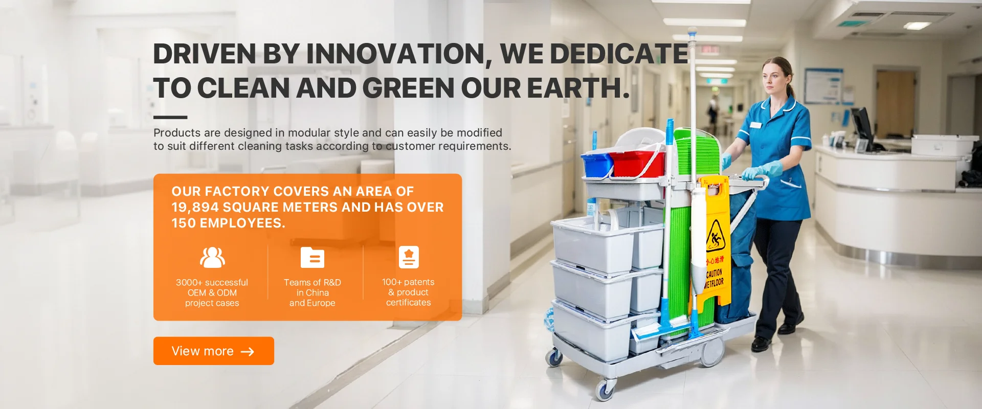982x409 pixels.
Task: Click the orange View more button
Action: click(x=214, y=351)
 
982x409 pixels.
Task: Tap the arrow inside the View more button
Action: click(x=248, y=352)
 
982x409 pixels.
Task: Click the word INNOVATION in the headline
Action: click(x=395, y=54)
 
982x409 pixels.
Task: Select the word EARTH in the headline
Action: click(x=578, y=88)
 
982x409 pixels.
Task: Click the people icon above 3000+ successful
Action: click(x=212, y=257)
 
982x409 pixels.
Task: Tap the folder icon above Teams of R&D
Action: click(x=313, y=257)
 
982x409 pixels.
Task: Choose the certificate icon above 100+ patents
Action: click(x=409, y=257)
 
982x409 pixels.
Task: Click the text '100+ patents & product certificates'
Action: click(x=408, y=292)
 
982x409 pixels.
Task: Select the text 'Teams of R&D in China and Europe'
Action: click(x=313, y=292)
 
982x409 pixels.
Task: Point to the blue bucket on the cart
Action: click(x=597, y=164)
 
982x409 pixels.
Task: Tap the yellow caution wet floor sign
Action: click(x=715, y=240)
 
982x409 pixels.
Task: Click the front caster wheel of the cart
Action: click(x=605, y=390)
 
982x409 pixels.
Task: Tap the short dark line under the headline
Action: click(x=170, y=117)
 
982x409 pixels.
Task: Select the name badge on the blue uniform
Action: click(x=755, y=125)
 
